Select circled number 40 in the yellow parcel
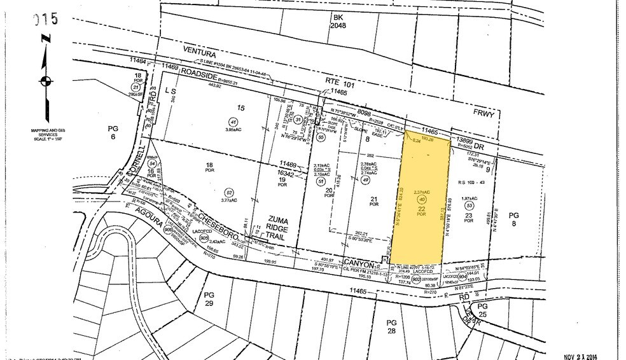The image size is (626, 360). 421,199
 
